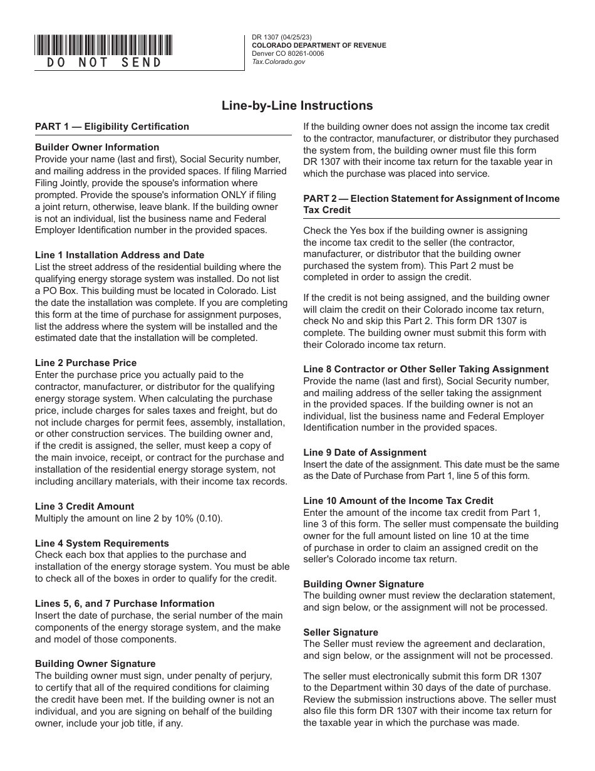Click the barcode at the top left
click(x=103, y=45)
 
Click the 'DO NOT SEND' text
click(x=104, y=63)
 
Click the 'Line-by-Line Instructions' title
click(x=297, y=106)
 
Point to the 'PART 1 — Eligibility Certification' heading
click(x=112, y=127)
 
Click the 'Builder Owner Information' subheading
click(x=97, y=148)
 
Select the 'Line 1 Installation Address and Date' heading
click(x=120, y=255)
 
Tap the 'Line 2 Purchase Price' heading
click(x=86, y=363)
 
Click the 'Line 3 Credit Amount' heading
click(x=85, y=506)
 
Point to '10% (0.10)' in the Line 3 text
click(x=200, y=518)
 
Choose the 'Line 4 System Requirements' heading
click(x=102, y=543)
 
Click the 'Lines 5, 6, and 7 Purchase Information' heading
click(x=125, y=604)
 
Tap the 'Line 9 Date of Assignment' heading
click(x=365, y=453)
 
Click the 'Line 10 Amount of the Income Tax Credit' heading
click(x=398, y=501)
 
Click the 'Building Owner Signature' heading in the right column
click(x=364, y=584)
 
